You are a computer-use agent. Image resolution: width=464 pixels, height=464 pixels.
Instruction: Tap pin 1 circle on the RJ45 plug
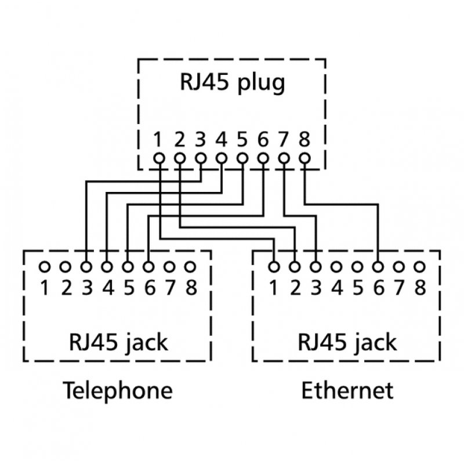pos(158,157)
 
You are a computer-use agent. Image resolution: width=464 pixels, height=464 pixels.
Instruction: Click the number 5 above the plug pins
pos(242,140)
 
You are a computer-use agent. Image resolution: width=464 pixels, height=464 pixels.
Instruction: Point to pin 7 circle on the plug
pos(284,157)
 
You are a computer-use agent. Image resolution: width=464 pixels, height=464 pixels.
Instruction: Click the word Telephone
pos(118,390)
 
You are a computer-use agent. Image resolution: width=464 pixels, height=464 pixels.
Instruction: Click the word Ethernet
pos(347,390)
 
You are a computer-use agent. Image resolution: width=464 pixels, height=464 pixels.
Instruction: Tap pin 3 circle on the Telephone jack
pos(86,267)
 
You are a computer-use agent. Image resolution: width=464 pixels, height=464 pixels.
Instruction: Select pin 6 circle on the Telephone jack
pos(148,267)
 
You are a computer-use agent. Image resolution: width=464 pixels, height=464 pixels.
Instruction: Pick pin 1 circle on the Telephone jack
pos(44,267)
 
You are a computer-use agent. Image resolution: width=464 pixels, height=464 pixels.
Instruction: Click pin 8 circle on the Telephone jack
pos(190,267)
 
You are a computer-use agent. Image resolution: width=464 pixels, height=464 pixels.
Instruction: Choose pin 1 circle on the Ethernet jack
pos(274,267)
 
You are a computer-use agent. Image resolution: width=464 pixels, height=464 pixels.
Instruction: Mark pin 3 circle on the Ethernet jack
pos(316,267)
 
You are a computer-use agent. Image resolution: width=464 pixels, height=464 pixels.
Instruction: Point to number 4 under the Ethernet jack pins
pos(337,287)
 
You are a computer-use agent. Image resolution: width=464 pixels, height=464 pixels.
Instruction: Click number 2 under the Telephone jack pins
pos(66,287)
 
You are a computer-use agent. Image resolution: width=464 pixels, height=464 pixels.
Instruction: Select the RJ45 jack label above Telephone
pos(118,342)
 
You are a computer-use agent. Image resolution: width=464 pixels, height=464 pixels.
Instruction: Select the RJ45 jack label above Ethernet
pos(347,342)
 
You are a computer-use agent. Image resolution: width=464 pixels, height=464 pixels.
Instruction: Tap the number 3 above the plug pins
pos(200,140)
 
